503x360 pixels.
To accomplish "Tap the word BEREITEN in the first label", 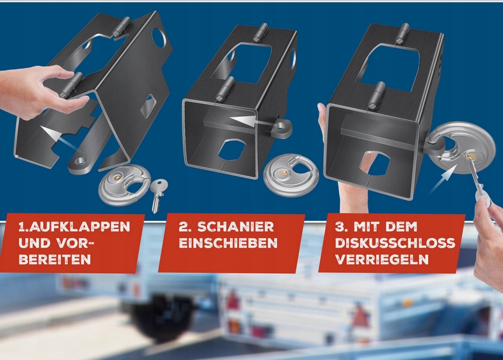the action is (x=55, y=259).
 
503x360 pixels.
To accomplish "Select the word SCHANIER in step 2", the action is (x=236, y=227).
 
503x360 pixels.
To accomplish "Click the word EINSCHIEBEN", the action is (x=228, y=243).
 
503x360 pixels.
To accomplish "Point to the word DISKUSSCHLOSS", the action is (x=395, y=243).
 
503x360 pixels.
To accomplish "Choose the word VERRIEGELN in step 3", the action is (x=382, y=259).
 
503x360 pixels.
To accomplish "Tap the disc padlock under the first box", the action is (x=123, y=185).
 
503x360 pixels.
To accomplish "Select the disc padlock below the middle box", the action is (x=290, y=175).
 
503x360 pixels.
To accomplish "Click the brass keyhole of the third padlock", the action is (x=471, y=156).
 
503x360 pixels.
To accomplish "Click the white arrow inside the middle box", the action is (x=253, y=121).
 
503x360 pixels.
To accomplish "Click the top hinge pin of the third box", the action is (x=403, y=33).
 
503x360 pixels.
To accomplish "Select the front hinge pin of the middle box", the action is (x=224, y=89).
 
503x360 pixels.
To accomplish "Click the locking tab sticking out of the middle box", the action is (x=281, y=128).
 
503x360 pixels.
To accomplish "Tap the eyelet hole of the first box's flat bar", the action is (x=79, y=161).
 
